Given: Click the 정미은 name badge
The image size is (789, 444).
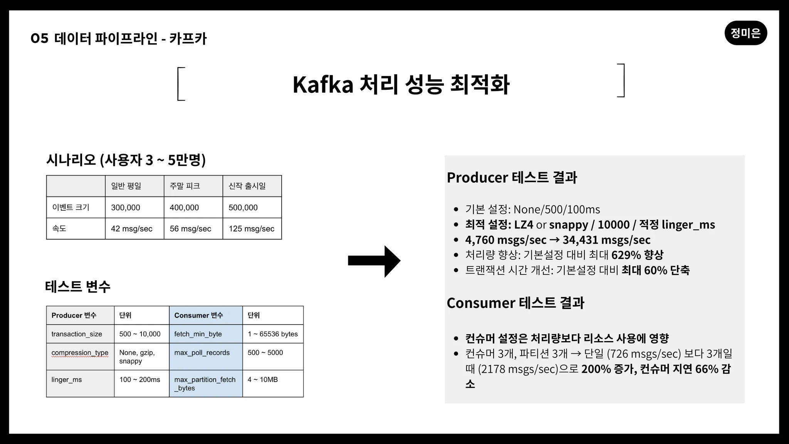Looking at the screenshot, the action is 745,33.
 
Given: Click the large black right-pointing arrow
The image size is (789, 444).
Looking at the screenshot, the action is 374,261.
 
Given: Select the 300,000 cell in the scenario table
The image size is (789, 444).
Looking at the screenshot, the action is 134,207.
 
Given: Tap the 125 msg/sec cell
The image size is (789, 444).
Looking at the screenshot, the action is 252,229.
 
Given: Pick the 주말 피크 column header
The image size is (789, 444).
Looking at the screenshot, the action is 193,186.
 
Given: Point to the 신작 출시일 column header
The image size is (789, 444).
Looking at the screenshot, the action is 252,186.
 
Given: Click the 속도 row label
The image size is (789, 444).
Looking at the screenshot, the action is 76,229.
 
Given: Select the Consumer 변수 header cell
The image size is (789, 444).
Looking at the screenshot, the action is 206,315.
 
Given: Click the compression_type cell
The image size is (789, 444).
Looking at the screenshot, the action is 80,357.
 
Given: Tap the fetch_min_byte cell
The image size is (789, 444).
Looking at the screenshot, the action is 206,334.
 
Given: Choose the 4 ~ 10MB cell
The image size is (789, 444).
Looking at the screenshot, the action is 273,383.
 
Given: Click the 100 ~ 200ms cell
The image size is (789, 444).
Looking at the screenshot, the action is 141,383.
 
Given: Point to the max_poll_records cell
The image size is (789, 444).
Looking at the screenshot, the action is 206,357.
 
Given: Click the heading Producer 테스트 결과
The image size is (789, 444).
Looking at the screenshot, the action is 512,177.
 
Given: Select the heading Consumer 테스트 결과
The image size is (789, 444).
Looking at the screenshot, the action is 515,303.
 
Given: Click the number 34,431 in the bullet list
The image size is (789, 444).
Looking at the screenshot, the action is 580,240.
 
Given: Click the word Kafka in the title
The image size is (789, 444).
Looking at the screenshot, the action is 323,84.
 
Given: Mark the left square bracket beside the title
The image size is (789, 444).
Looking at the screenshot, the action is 181,84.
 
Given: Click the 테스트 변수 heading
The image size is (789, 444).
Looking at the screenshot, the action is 78,286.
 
